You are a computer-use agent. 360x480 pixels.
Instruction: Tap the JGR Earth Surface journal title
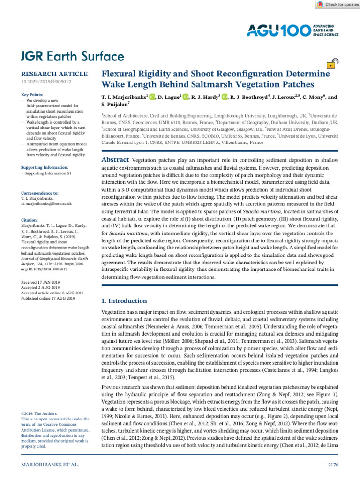73,57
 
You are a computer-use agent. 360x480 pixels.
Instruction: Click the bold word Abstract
116,160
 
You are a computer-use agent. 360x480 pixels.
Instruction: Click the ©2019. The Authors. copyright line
40,413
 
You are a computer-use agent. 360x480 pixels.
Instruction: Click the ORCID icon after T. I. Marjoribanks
152,97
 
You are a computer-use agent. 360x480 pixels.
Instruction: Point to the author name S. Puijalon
117,105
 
